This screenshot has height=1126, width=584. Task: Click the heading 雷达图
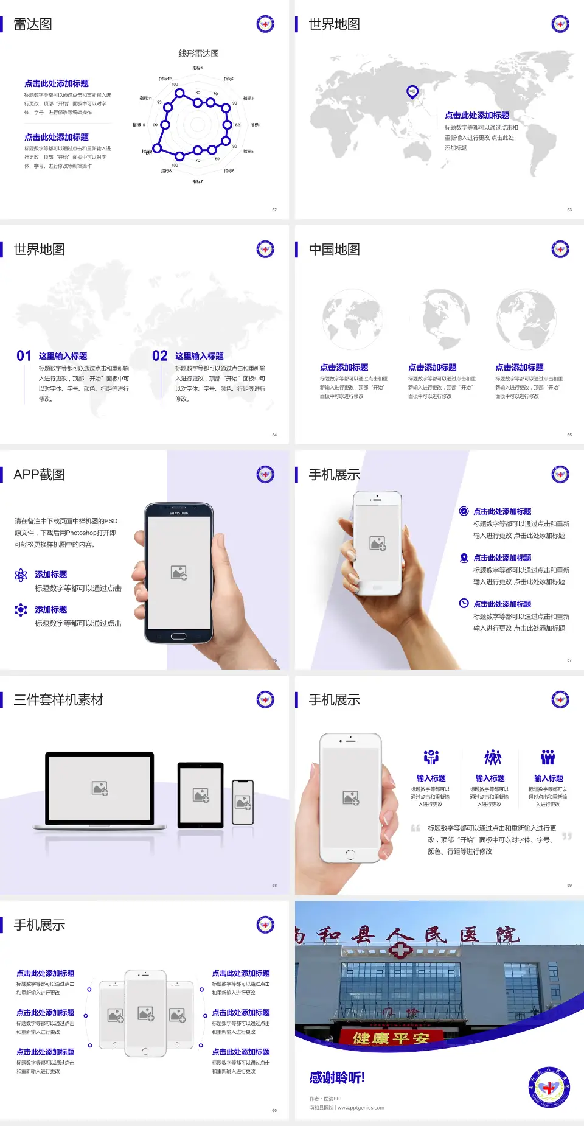tap(33, 24)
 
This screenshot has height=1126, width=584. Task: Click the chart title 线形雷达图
tap(198, 54)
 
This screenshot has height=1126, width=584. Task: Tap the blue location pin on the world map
tap(412, 92)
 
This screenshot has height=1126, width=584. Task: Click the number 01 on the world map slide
tap(24, 356)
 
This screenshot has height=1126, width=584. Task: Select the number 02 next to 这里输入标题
tap(160, 356)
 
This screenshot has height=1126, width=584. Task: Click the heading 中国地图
tap(334, 250)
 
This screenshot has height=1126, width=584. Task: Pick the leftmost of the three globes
tap(352, 320)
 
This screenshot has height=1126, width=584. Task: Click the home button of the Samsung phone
tap(178, 636)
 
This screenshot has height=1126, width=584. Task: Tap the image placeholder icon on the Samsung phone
tap(179, 573)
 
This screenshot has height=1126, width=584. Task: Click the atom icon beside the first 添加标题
tap(21, 575)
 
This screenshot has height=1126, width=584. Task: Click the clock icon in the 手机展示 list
tap(464, 603)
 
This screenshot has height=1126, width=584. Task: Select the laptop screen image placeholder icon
tap(100, 788)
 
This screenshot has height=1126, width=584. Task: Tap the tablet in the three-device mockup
tap(201, 795)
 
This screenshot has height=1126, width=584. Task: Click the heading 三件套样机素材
tap(58, 700)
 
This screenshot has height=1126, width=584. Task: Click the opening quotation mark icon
tap(415, 828)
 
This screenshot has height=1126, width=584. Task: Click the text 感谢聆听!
tap(337, 1078)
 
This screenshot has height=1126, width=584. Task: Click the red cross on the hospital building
tap(400, 949)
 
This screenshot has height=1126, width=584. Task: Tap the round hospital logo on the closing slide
tap(549, 1088)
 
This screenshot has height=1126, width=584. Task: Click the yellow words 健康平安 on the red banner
tap(391, 1038)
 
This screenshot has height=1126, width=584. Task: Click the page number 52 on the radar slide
tap(274, 209)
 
